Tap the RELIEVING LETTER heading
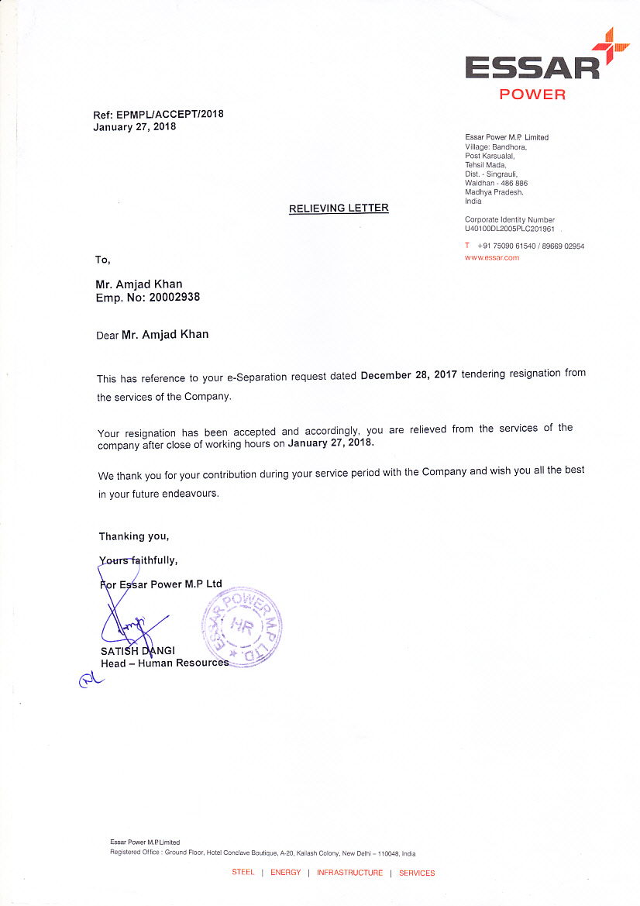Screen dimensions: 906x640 point(339,208)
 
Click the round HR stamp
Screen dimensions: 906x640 point(241,629)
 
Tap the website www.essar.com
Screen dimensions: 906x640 point(492,257)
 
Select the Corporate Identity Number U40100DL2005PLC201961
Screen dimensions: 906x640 point(510,229)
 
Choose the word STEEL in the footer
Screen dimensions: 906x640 point(243,873)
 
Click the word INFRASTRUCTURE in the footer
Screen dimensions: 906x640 point(349,873)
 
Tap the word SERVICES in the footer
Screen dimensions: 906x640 point(417,873)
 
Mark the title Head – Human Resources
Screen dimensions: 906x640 point(164,663)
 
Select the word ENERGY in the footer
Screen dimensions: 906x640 point(285,873)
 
